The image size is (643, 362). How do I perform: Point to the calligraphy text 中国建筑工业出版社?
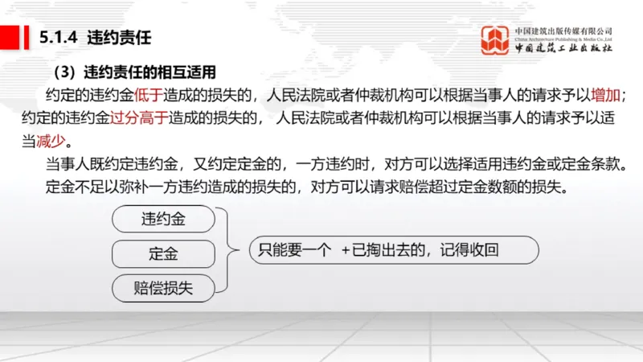(563, 48)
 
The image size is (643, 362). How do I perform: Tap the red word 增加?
(605, 93)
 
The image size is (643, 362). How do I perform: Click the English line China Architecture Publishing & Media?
(563, 37)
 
